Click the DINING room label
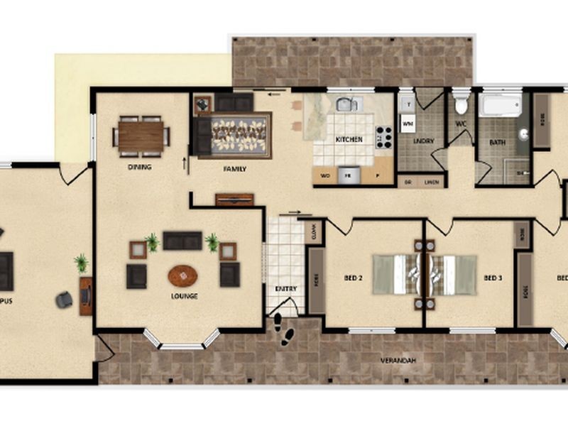click(x=140, y=168)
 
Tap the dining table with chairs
click(x=141, y=136)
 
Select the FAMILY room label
click(x=234, y=169)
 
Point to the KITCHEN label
click(x=349, y=140)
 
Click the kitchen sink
click(x=346, y=105)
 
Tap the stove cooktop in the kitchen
click(x=384, y=136)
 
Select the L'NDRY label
click(x=424, y=141)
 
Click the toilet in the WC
click(x=461, y=105)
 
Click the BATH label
click(x=498, y=142)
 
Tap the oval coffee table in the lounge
click(x=182, y=275)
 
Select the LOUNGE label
click(x=184, y=296)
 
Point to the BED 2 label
click(x=353, y=278)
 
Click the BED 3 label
click(x=493, y=278)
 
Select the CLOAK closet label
click(x=310, y=230)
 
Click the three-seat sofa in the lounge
click(x=182, y=241)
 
